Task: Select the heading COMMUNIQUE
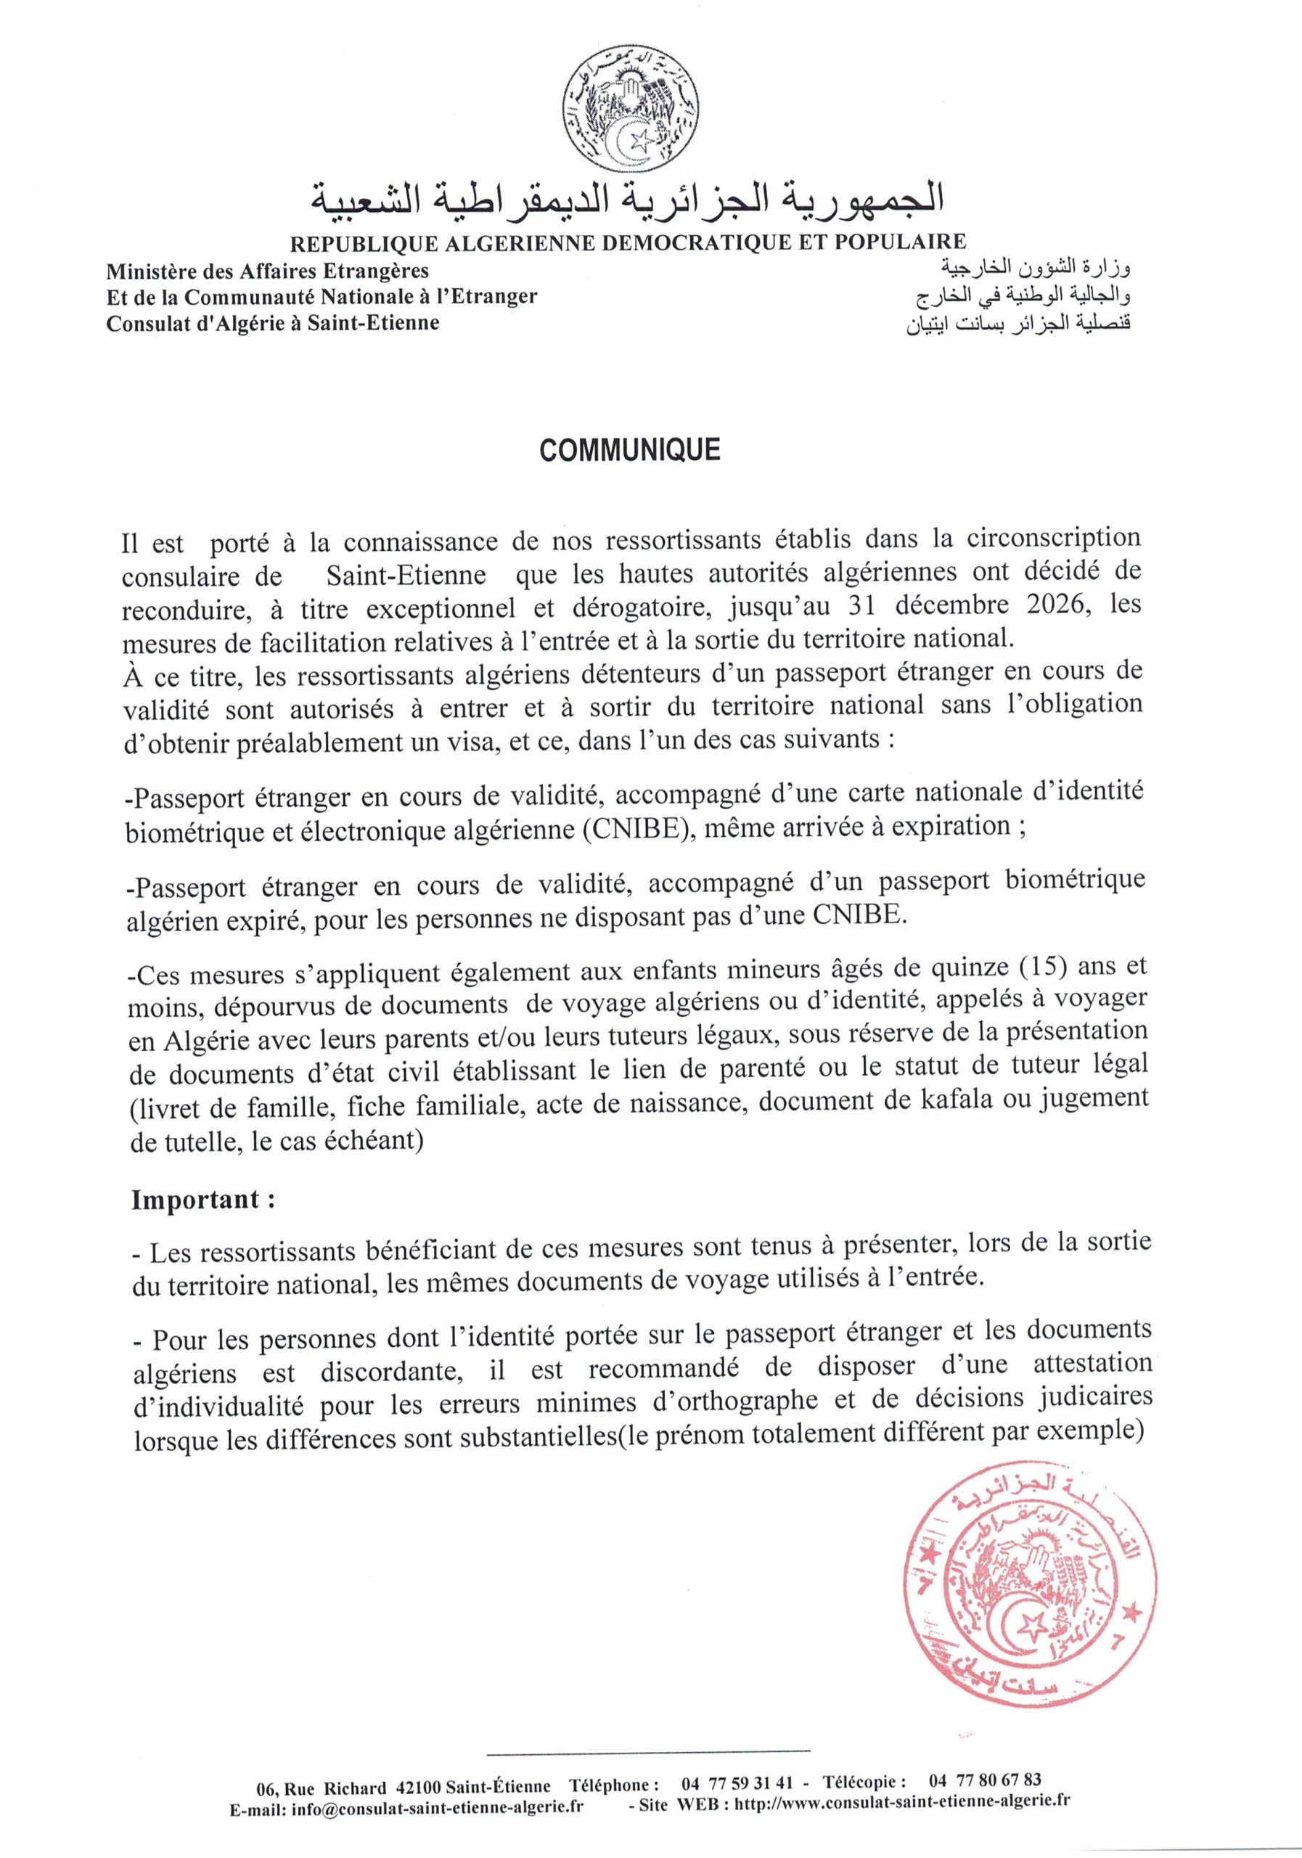click(x=629, y=450)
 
